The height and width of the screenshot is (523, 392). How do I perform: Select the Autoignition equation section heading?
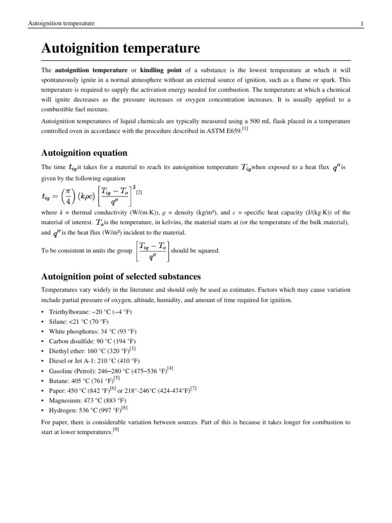84,153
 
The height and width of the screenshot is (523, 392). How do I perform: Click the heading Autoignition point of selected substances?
120,276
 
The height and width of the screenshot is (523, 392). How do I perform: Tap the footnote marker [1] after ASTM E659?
245,128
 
